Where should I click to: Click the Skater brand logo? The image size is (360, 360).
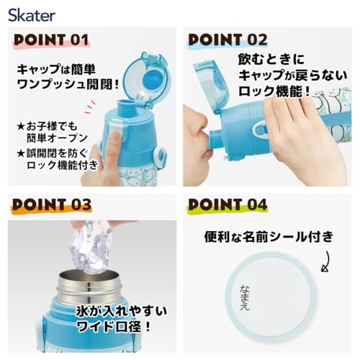tap(32, 16)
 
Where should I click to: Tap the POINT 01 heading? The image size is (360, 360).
tap(51, 40)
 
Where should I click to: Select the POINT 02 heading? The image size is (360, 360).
tap(228, 40)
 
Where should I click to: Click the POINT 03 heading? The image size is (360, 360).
tap(52, 204)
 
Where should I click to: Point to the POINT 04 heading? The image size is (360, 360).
tap(228, 204)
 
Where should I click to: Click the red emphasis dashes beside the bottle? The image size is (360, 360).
tap(89, 107)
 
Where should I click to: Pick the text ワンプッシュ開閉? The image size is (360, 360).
tap(68, 84)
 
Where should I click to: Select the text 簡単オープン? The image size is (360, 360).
tap(57, 138)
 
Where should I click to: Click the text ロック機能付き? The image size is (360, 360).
tap(63, 165)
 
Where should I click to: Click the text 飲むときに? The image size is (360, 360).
tap(271, 59)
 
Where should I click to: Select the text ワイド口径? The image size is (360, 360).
tap(113, 326)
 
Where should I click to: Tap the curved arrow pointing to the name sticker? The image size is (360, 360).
tap(326, 261)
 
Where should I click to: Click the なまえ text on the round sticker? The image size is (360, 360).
tap(245, 297)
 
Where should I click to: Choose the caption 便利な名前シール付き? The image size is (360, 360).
tap(269, 237)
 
